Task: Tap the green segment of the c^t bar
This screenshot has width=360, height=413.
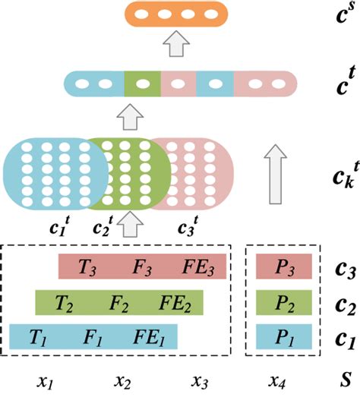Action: coord(142,84)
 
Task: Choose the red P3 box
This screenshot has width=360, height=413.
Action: coord(283,267)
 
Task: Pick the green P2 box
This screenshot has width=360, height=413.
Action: coord(283,303)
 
